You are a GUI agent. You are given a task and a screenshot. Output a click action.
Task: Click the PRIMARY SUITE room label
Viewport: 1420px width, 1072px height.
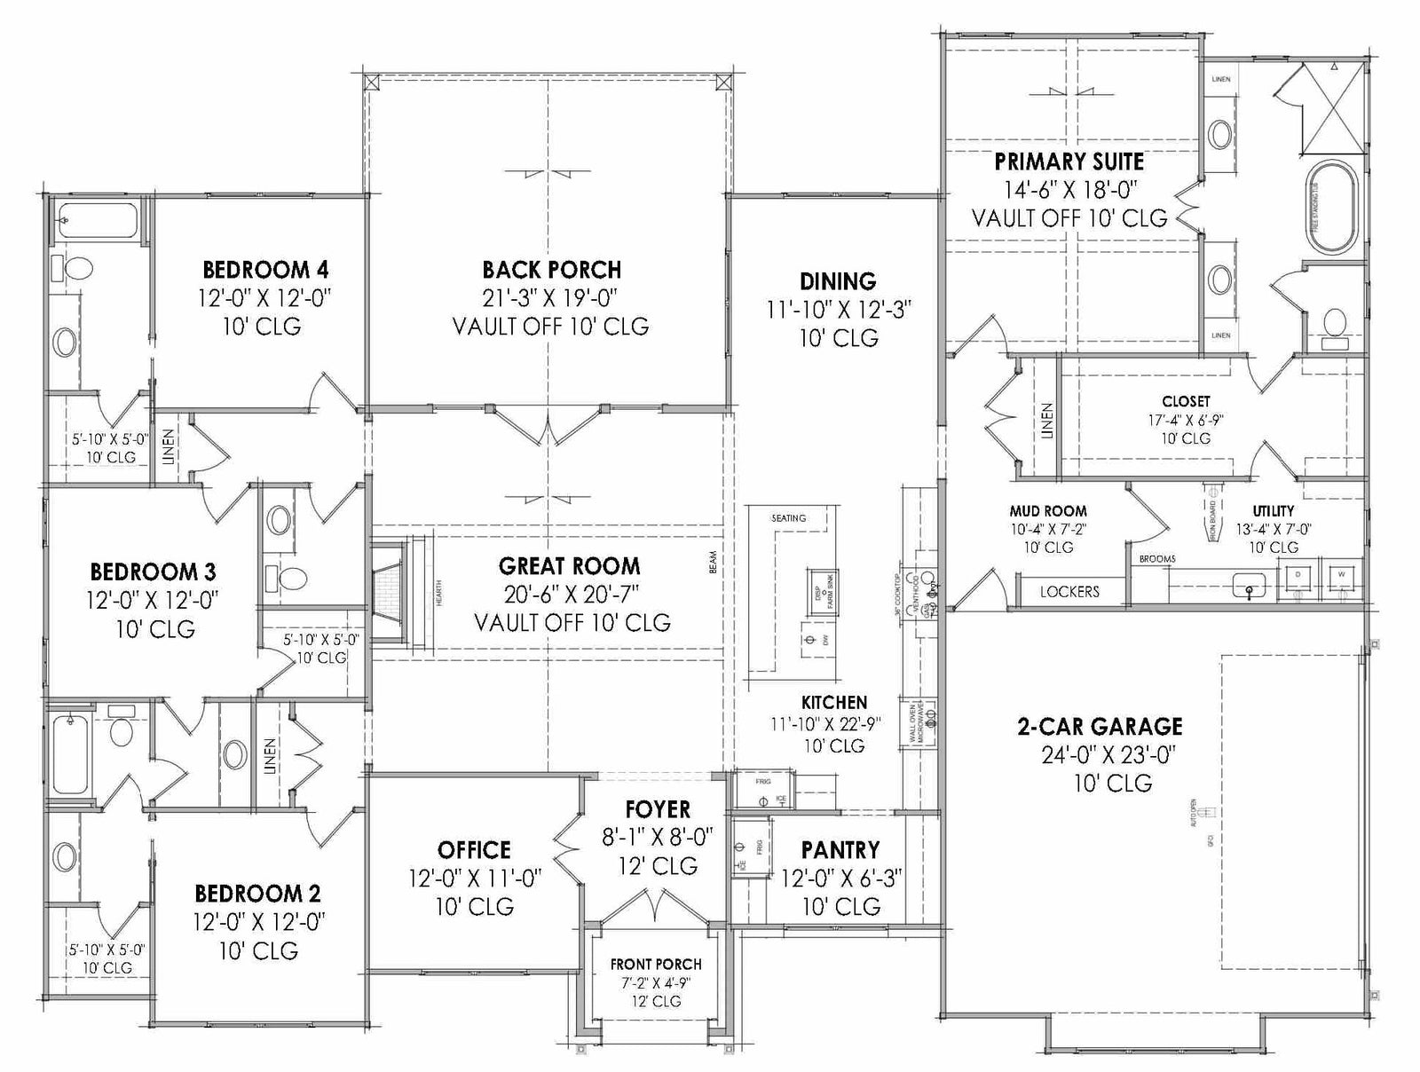pos(1069,162)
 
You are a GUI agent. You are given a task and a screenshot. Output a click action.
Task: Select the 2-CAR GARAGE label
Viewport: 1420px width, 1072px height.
pos(1099,726)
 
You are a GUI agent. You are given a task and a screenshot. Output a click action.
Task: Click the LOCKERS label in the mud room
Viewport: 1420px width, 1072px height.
pos(1069,591)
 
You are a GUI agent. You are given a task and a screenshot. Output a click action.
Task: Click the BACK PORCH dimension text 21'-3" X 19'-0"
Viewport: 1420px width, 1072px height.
pos(551,297)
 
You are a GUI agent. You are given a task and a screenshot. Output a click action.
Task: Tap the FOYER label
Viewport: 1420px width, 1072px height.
pos(658,808)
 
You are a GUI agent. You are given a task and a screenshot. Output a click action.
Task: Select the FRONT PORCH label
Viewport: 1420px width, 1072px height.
pos(656,964)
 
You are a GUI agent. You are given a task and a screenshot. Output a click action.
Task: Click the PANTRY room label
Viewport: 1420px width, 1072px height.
pos(840,850)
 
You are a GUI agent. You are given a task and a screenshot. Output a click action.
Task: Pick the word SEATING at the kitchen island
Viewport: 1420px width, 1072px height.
pos(788,517)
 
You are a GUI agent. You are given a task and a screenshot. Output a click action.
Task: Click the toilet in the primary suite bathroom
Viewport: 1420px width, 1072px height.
pos(1334,322)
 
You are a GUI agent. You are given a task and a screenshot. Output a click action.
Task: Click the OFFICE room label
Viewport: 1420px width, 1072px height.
pos(474,850)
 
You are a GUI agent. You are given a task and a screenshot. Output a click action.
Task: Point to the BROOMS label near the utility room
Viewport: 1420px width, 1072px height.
pos(1157,559)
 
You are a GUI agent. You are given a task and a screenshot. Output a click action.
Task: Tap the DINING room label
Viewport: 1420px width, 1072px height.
pos(838,281)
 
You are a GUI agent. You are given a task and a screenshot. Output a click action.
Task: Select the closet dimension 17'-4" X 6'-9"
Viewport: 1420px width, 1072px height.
pos(1186,420)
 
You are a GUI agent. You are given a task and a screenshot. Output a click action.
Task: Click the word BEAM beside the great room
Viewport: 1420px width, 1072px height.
pos(713,563)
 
